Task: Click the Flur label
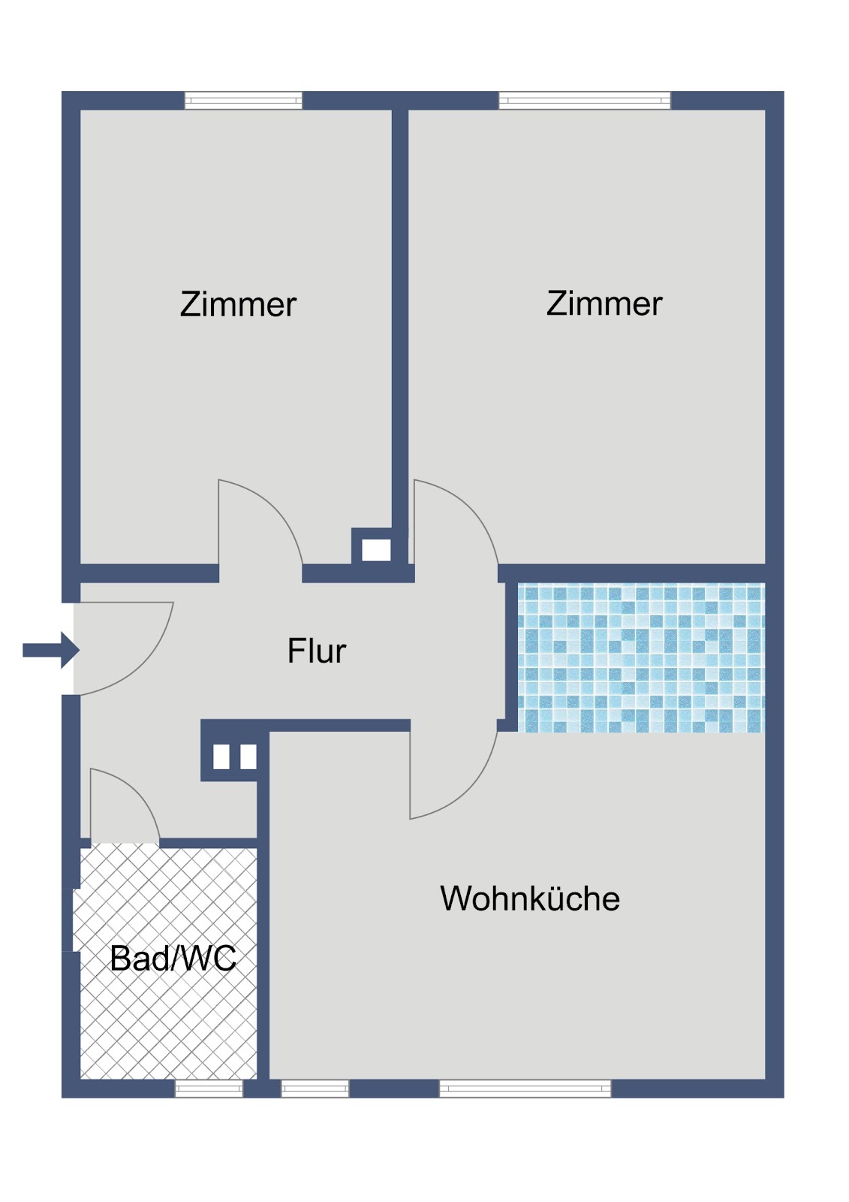pyautogui.click(x=317, y=651)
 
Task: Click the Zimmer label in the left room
pyautogui.click(x=238, y=304)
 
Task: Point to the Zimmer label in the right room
pyautogui.click(x=604, y=304)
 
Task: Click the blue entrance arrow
pyautogui.click(x=51, y=651)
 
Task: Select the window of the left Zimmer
pyautogui.click(x=243, y=101)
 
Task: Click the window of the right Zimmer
pyautogui.click(x=585, y=101)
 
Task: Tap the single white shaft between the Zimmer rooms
pyautogui.click(x=376, y=550)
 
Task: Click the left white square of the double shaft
pyautogui.click(x=221, y=757)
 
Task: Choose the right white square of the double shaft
pyautogui.click(x=248, y=757)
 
